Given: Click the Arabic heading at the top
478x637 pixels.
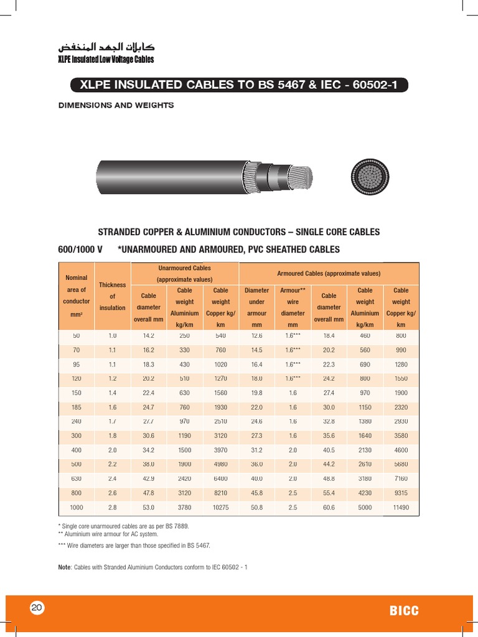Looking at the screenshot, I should [x=106, y=47].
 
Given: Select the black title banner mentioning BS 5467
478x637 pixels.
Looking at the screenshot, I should [x=239, y=85].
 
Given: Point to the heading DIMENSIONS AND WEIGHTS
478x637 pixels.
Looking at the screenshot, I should [x=116, y=105].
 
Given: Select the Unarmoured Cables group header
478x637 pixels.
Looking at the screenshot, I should [x=184, y=273].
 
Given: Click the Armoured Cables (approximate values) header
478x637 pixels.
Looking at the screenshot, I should [x=329, y=273].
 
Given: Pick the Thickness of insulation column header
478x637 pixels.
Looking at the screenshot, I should [x=113, y=296].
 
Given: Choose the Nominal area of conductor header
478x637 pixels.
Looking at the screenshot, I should [x=76, y=295].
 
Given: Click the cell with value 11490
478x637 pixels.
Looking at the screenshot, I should [x=401, y=508].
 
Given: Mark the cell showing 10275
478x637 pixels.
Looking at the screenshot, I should [x=220, y=508].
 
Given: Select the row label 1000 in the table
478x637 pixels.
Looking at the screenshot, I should [x=76, y=508].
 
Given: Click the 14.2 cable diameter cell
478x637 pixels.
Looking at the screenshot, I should [x=148, y=335].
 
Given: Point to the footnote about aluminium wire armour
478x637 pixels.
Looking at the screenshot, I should [x=108, y=534].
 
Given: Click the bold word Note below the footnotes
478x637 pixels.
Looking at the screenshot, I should [x=65, y=567].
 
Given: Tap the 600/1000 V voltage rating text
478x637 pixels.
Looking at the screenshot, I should [x=80, y=249].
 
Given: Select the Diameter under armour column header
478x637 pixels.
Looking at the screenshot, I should [x=256, y=307].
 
